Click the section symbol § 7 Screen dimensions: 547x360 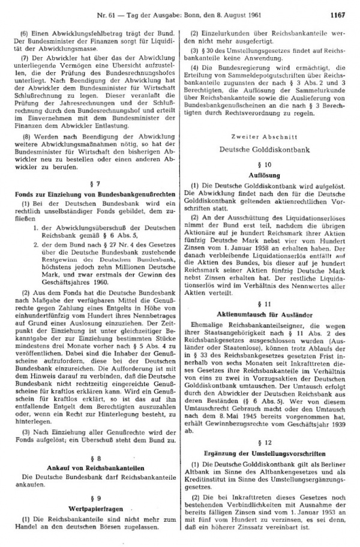(95, 183)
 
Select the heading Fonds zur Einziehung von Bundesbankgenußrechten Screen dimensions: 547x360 (95, 194)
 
